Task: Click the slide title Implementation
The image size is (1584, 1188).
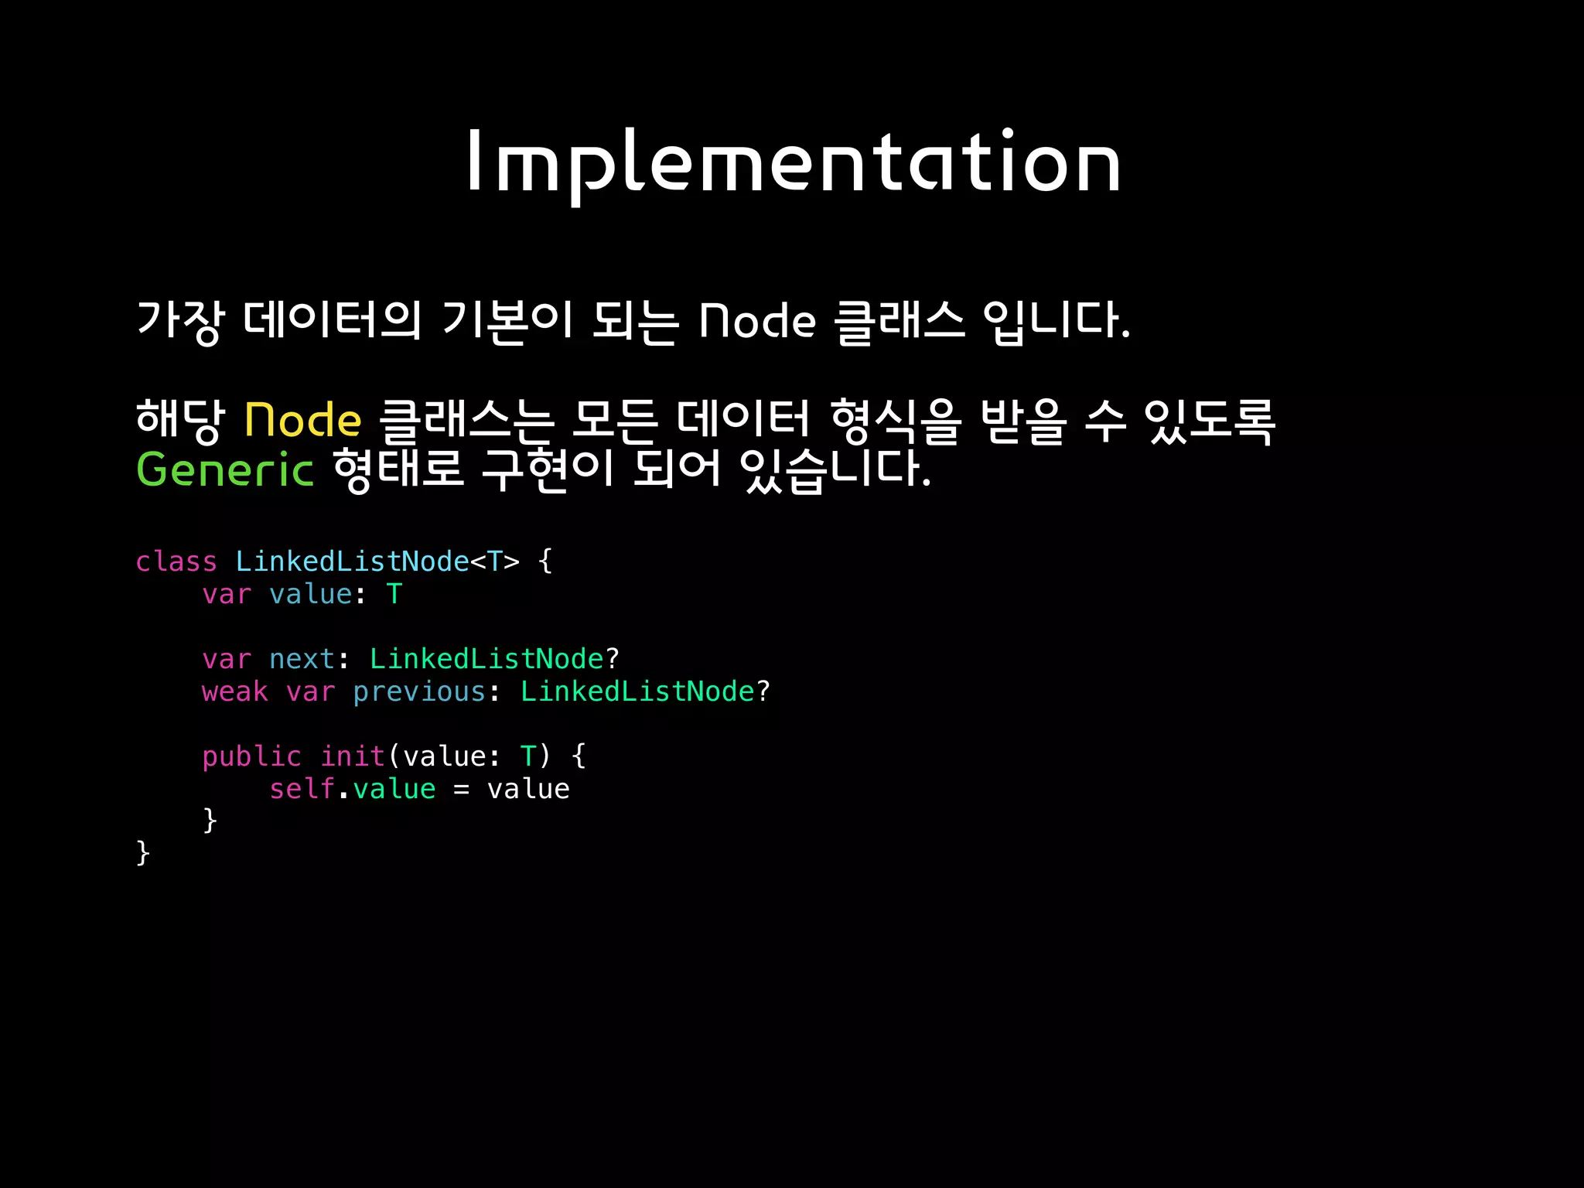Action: tap(793, 163)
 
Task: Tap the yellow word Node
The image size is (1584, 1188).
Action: tap(302, 421)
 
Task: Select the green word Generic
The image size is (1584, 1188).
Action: tap(224, 469)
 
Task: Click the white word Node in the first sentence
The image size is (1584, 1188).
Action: tap(757, 321)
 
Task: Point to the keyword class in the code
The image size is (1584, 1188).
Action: tap(176, 562)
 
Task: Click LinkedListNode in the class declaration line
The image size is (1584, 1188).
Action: tap(352, 562)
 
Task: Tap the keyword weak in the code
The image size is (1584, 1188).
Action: tap(234, 691)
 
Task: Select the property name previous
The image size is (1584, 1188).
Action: tap(418, 691)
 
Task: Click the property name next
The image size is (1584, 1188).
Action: tap(302, 659)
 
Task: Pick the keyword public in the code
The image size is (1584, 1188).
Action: tap(251, 756)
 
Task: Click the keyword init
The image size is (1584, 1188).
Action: tap(352, 756)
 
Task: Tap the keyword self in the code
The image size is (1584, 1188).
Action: tap(302, 789)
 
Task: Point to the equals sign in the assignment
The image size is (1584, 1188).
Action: tap(462, 790)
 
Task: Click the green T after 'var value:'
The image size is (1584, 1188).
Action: tap(394, 594)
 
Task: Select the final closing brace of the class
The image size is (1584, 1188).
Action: tap(143, 853)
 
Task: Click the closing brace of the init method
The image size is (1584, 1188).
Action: tap(210, 821)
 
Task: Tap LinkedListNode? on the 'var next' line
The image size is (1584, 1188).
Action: tap(494, 659)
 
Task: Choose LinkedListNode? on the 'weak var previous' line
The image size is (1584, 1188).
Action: tap(645, 691)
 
